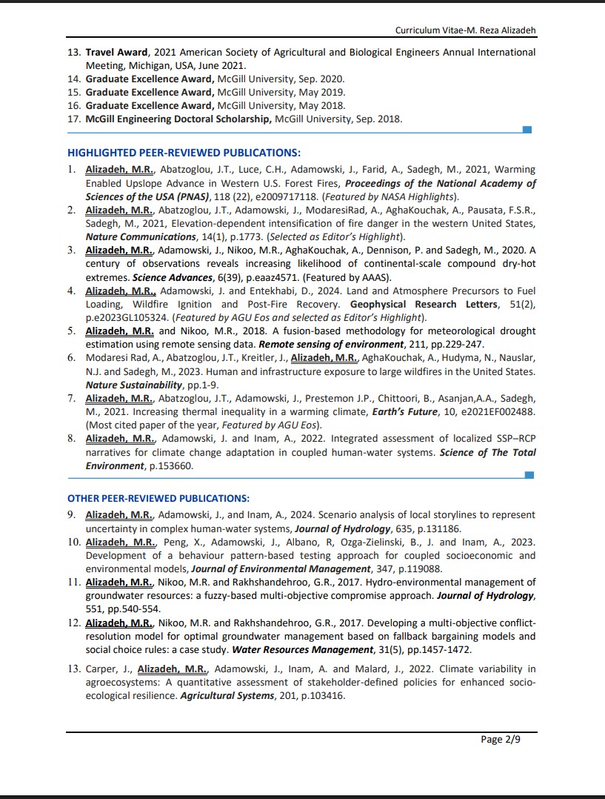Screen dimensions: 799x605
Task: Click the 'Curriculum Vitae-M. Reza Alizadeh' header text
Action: tap(465, 30)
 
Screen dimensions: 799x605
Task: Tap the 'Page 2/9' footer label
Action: tap(501, 739)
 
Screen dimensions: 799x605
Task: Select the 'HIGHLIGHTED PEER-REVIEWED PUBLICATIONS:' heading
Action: tap(184, 153)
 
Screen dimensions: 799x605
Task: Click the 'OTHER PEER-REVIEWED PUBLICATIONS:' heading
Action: tap(158, 498)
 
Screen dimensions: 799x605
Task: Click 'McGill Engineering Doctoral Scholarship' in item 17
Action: tap(178, 119)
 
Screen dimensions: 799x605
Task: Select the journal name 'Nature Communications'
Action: tap(132, 237)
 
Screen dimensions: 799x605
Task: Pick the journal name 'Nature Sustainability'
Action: tap(133, 385)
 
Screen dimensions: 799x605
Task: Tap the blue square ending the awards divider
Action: tap(527, 130)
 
